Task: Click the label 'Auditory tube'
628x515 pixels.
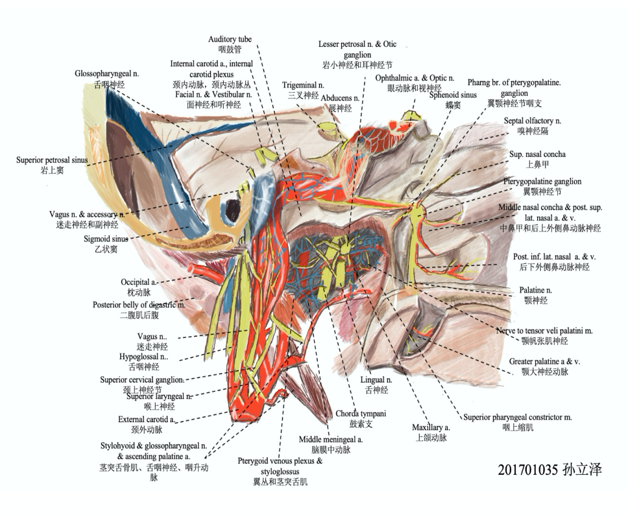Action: (x=230, y=40)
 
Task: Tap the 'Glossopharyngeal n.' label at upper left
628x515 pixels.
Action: (x=107, y=74)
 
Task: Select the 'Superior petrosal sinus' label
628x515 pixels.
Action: (x=52, y=160)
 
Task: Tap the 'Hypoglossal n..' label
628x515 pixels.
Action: (x=143, y=357)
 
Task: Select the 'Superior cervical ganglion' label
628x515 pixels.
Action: (x=141, y=379)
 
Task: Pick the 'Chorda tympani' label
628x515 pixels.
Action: (x=361, y=413)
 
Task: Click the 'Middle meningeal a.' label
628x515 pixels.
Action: (x=330, y=439)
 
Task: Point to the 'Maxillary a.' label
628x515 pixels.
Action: (x=431, y=427)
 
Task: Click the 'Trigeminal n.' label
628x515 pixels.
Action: (x=303, y=85)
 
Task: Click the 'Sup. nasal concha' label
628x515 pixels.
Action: (x=537, y=154)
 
